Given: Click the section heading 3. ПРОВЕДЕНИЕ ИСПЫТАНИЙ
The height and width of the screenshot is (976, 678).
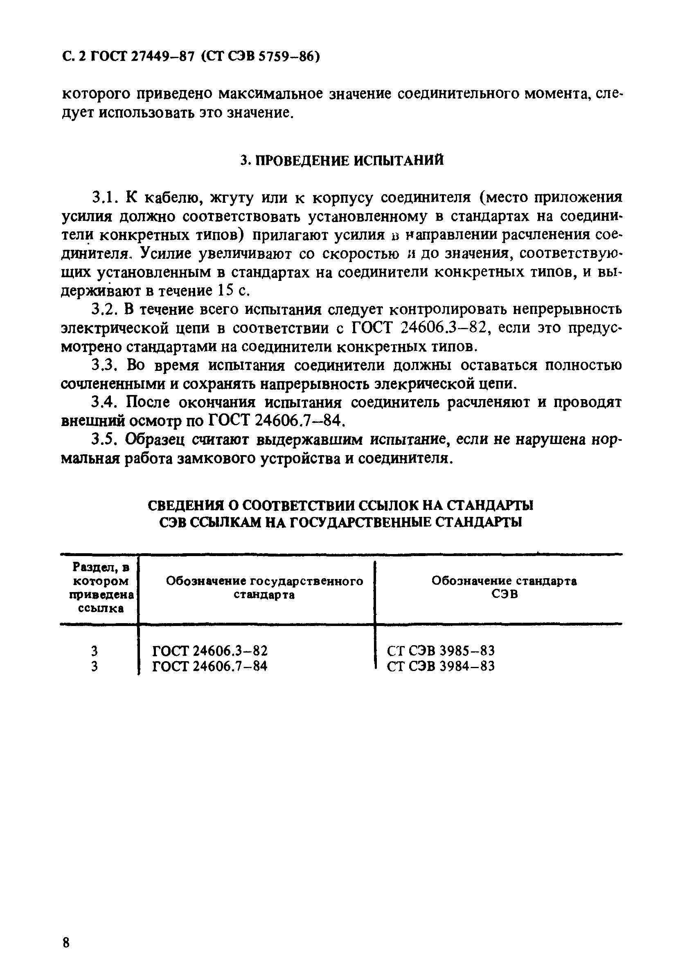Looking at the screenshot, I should click(x=342, y=160).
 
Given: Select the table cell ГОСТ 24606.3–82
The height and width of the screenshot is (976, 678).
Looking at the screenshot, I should click(x=210, y=651).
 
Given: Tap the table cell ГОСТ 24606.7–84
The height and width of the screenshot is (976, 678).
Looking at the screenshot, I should click(x=210, y=666).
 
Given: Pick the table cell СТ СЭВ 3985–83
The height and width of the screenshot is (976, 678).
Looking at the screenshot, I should click(x=441, y=651).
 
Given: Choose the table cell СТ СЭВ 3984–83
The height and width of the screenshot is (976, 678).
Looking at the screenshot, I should click(x=441, y=666).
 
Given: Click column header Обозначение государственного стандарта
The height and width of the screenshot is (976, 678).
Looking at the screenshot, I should click(x=264, y=588).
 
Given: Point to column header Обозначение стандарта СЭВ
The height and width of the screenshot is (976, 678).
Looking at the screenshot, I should click(x=504, y=587).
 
